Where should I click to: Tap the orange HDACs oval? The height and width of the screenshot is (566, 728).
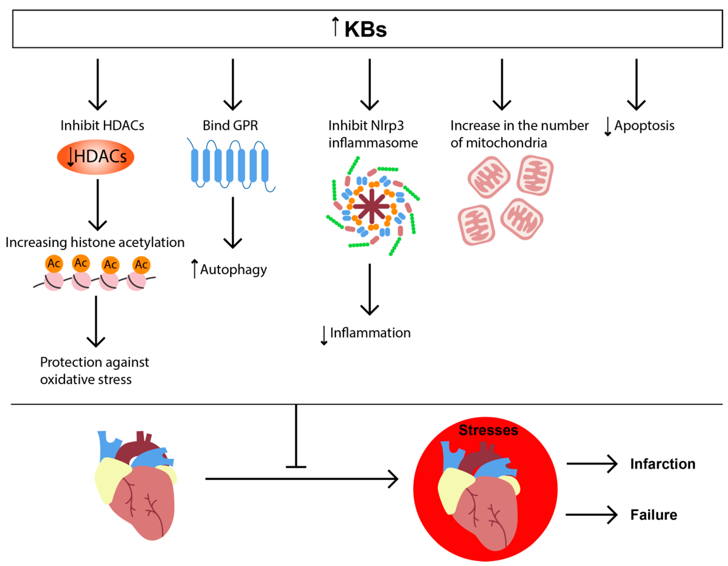(x=96, y=157)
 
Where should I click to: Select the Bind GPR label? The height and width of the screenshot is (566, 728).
(x=230, y=125)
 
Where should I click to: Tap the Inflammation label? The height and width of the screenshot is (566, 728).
(x=370, y=333)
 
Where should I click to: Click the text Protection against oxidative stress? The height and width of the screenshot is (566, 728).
(x=94, y=370)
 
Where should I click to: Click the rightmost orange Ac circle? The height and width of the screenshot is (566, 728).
(x=141, y=265)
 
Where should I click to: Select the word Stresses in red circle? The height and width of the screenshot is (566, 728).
(x=488, y=430)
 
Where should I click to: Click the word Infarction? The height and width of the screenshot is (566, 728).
(x=662, y=464)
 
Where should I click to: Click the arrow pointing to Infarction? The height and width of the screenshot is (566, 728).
(x=592, y=464)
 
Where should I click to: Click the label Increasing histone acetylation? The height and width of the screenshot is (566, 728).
(x=95, y=242)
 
